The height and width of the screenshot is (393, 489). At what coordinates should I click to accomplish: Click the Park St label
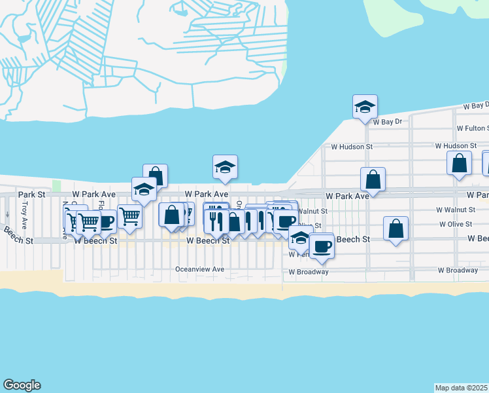pyautogui.click(x=32, y=195)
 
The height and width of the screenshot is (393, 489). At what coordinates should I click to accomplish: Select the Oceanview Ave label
pyautogui.click(x=199, y=269)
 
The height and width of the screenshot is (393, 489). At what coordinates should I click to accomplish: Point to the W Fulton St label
pyautogui.click(x=472, y=128)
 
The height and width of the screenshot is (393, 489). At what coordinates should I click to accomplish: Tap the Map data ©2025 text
pyautogui.click(x=462, y=388)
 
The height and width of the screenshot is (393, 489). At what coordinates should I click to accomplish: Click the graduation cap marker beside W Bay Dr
pyautogui.click(x=365, y=107)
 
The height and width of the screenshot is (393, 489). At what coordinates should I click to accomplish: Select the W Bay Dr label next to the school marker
pyautogui.click(x=387, y=122)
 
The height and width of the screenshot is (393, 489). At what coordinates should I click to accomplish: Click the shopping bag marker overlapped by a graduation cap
pyautogui.click(x=155, y=175)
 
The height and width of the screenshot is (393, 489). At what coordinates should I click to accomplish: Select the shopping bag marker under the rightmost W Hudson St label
pyautogui.click(x=460, y=162)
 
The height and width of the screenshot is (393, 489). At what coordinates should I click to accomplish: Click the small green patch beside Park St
pyautogui.click(x=56, y=187)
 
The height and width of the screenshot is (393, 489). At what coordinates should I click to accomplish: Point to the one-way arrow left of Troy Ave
pyautogui.click(x=7, y=214)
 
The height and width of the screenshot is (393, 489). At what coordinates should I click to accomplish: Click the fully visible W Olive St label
pyautogui.click(x=456, y=224)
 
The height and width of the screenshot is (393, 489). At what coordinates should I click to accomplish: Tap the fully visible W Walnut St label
pyautogui.click(x=457, y=210)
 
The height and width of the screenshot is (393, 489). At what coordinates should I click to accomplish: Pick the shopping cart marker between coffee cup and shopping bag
pyautogui.click(x=130, y=214)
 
